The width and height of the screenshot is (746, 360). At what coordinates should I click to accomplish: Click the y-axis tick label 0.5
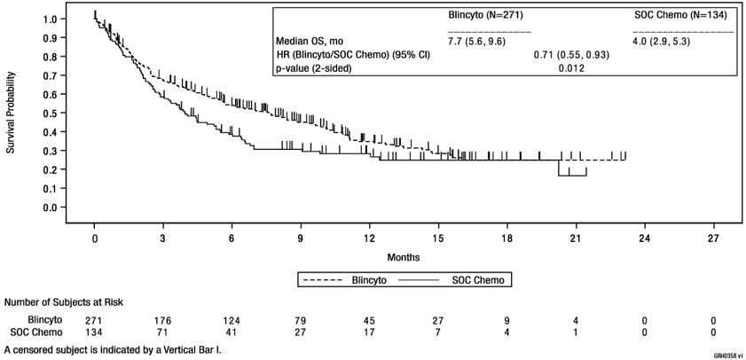(x=51, y=113)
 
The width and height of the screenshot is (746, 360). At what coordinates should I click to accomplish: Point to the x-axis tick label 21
(x=576, y=239)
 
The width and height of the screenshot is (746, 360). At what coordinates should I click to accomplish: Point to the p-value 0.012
(x=570, y=68)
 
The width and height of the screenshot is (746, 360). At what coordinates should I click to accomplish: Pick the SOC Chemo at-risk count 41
(x=232, y=333)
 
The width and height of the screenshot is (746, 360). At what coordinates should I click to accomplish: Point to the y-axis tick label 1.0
(x=51, y=19)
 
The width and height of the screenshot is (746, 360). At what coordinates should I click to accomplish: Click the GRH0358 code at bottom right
(x=726, y=354)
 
